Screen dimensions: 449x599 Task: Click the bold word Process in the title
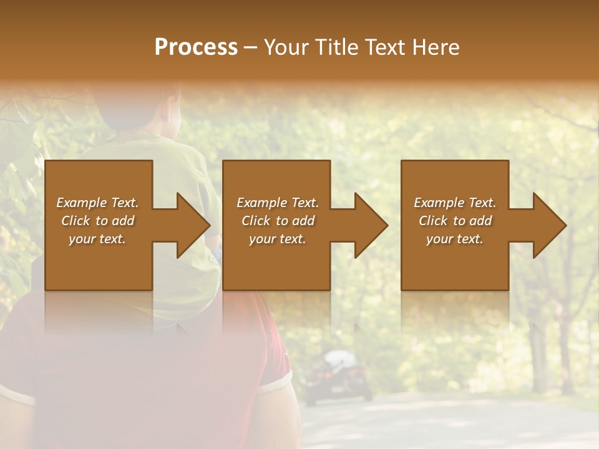(x=196, y=47)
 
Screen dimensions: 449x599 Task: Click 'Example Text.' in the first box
(x=97, y=203)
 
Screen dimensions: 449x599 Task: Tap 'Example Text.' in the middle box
(x=277, y=203)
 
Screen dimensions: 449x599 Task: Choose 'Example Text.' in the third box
(x=455, y=203)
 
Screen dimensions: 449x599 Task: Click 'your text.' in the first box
(x=97, y=239)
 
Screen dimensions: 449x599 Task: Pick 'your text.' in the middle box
(x=277, y=239)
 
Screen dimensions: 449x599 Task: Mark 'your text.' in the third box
(x=455, y=239)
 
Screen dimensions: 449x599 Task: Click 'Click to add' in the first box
(x=97, y=221)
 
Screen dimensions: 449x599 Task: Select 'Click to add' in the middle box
(x=277, y=221)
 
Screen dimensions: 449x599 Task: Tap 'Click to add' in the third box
(x=455, y=221)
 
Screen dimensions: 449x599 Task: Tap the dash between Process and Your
(x=250, y=48)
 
